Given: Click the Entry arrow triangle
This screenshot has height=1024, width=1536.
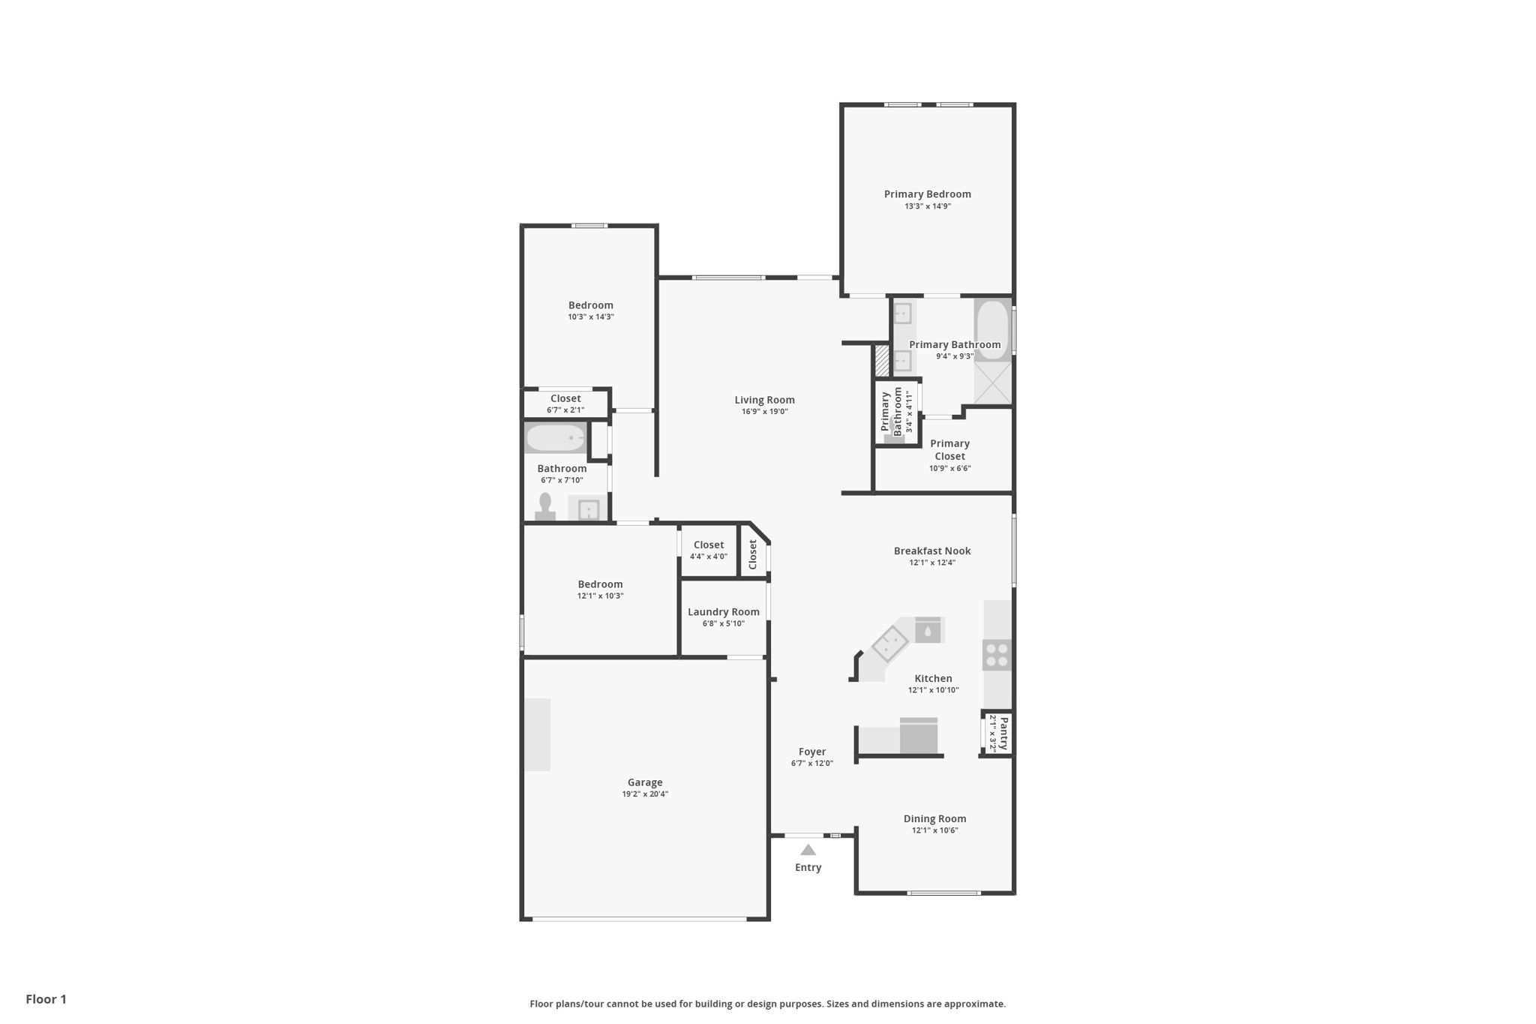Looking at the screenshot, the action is [x=808, y=850].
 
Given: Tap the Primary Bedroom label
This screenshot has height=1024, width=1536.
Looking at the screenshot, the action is [x=927, y=194].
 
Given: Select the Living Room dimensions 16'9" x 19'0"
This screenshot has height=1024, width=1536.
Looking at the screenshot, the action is [x=764, y=412].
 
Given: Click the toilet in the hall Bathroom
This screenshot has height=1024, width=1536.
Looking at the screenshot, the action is [x=545, y=506].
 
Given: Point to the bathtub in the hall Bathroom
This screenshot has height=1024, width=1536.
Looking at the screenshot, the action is [x=555, y=438].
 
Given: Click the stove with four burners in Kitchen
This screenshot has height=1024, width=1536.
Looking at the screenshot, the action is [x=997, y=655].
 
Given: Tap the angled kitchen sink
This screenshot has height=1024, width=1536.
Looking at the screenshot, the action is [x=890, y=643].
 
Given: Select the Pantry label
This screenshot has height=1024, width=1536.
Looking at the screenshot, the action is [x=1003, y=733].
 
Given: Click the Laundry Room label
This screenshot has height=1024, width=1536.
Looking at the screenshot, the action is [x=723, y=612].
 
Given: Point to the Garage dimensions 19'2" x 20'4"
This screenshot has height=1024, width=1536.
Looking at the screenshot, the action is [x=644, y=794].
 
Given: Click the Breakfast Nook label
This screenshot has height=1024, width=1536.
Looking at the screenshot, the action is [x=932, y=551].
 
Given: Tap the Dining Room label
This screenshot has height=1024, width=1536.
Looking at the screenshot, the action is [x=934, y=818].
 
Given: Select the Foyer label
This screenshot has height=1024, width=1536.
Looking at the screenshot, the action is [x=811, y=752].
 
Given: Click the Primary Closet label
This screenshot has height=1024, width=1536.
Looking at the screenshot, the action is [x=949, y=450].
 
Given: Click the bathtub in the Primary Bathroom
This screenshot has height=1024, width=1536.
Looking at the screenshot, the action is [x=993, y=330].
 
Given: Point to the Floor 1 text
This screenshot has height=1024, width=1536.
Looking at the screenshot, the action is [x=46, y=999].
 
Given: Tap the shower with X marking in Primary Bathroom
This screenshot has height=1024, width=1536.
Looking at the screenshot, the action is [x=993, y=383].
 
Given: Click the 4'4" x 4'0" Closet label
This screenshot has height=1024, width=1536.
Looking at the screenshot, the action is [x=709, y=545].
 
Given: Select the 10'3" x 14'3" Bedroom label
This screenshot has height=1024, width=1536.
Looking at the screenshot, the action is [x=590, y=305].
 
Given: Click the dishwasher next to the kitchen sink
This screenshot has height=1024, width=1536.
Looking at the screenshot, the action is [x=928, y=630].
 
